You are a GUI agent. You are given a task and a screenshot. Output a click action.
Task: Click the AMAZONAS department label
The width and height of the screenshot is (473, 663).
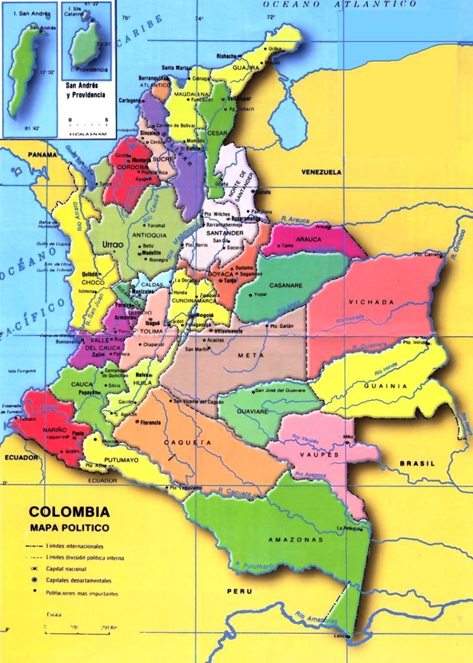(295, 540)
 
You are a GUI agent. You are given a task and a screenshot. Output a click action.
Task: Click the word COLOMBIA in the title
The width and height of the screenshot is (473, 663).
(69, 512)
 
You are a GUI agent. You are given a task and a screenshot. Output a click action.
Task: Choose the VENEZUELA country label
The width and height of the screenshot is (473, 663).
(321, 172)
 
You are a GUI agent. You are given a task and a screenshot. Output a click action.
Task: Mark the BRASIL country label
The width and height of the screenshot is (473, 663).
(417, 464)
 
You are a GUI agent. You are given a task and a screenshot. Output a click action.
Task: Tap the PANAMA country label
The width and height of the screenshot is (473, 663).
(42, 155)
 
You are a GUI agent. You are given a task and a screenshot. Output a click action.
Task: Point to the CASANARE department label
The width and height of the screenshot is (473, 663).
(286, 286)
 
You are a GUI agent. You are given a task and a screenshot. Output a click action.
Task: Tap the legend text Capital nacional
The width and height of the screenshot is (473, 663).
(66, 569)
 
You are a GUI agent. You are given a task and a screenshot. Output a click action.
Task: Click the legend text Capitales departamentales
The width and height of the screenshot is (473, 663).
(79, 581)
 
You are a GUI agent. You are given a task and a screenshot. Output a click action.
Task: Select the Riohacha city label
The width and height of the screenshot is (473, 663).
(226, 56)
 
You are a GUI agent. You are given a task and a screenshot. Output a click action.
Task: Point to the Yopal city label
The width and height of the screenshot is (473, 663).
(260, 294)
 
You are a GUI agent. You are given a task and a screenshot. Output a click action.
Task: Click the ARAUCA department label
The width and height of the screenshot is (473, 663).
(308, 239)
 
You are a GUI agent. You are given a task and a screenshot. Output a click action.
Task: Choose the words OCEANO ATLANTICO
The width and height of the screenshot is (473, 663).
(340, 4)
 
